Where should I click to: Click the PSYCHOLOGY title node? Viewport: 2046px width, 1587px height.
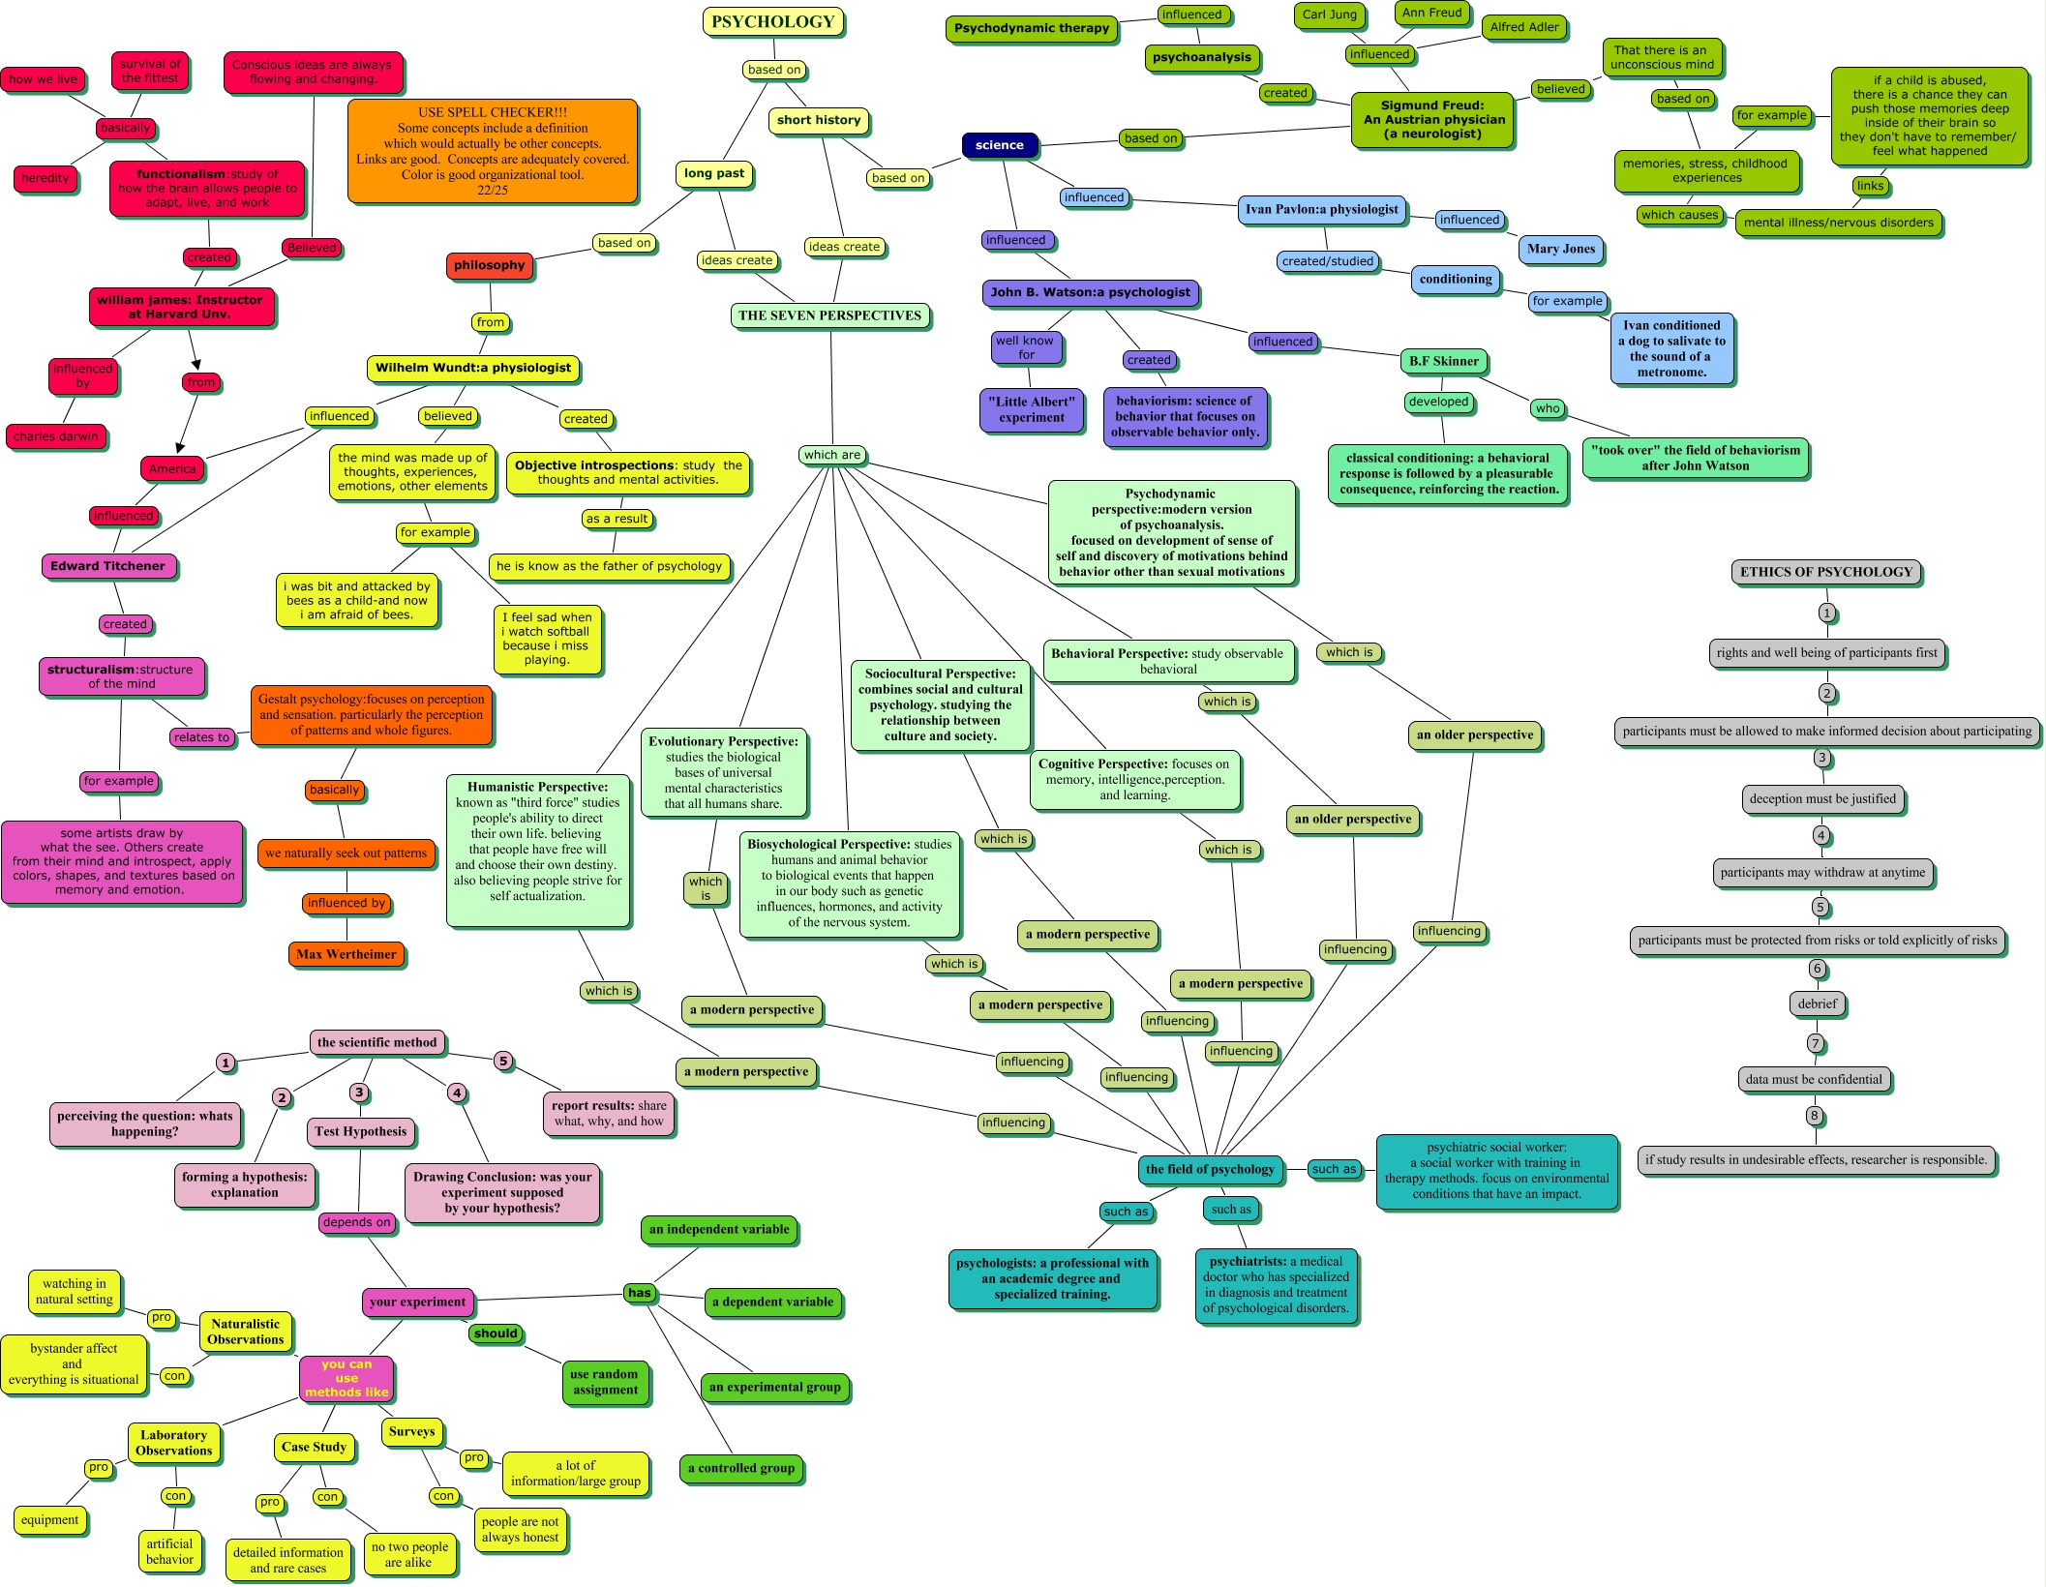tap(772, 22)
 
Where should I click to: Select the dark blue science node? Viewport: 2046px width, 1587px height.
tap(999, 145)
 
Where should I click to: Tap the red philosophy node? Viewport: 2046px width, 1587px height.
tap(489, 265)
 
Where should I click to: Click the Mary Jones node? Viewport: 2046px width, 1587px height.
tap(1560, 249)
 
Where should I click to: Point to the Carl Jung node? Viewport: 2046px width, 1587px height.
tap(1329, 15)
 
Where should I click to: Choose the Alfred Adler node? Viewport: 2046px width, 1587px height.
tap(1524, 27)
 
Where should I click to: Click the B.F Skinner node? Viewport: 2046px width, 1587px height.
tap(1443, 361)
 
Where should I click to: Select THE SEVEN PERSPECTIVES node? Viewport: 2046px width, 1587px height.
tap(829, 315)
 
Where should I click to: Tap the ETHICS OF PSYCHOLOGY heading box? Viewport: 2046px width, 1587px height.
tap(1825, 572)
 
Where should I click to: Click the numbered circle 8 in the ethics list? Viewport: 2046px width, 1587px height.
tap(1815, 1116)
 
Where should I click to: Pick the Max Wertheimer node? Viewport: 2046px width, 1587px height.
tap(346, 954)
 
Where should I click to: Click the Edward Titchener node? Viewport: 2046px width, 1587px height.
tap(107, 566)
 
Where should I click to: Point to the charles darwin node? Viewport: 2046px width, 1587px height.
tap(55, 436)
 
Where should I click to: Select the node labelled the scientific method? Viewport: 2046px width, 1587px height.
tap(376, 1042)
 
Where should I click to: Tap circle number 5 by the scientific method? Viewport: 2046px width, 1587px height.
tap(503, 1061)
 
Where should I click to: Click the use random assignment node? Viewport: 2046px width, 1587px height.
tap(605, 1382)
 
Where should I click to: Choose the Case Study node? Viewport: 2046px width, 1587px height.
tap(314, 1447)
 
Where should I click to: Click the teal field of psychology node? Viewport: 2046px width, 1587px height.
tap(1210, 1169)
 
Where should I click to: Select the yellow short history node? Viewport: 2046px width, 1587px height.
tap(818, 120)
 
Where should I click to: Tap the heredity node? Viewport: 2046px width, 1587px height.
tap(45, 178)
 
